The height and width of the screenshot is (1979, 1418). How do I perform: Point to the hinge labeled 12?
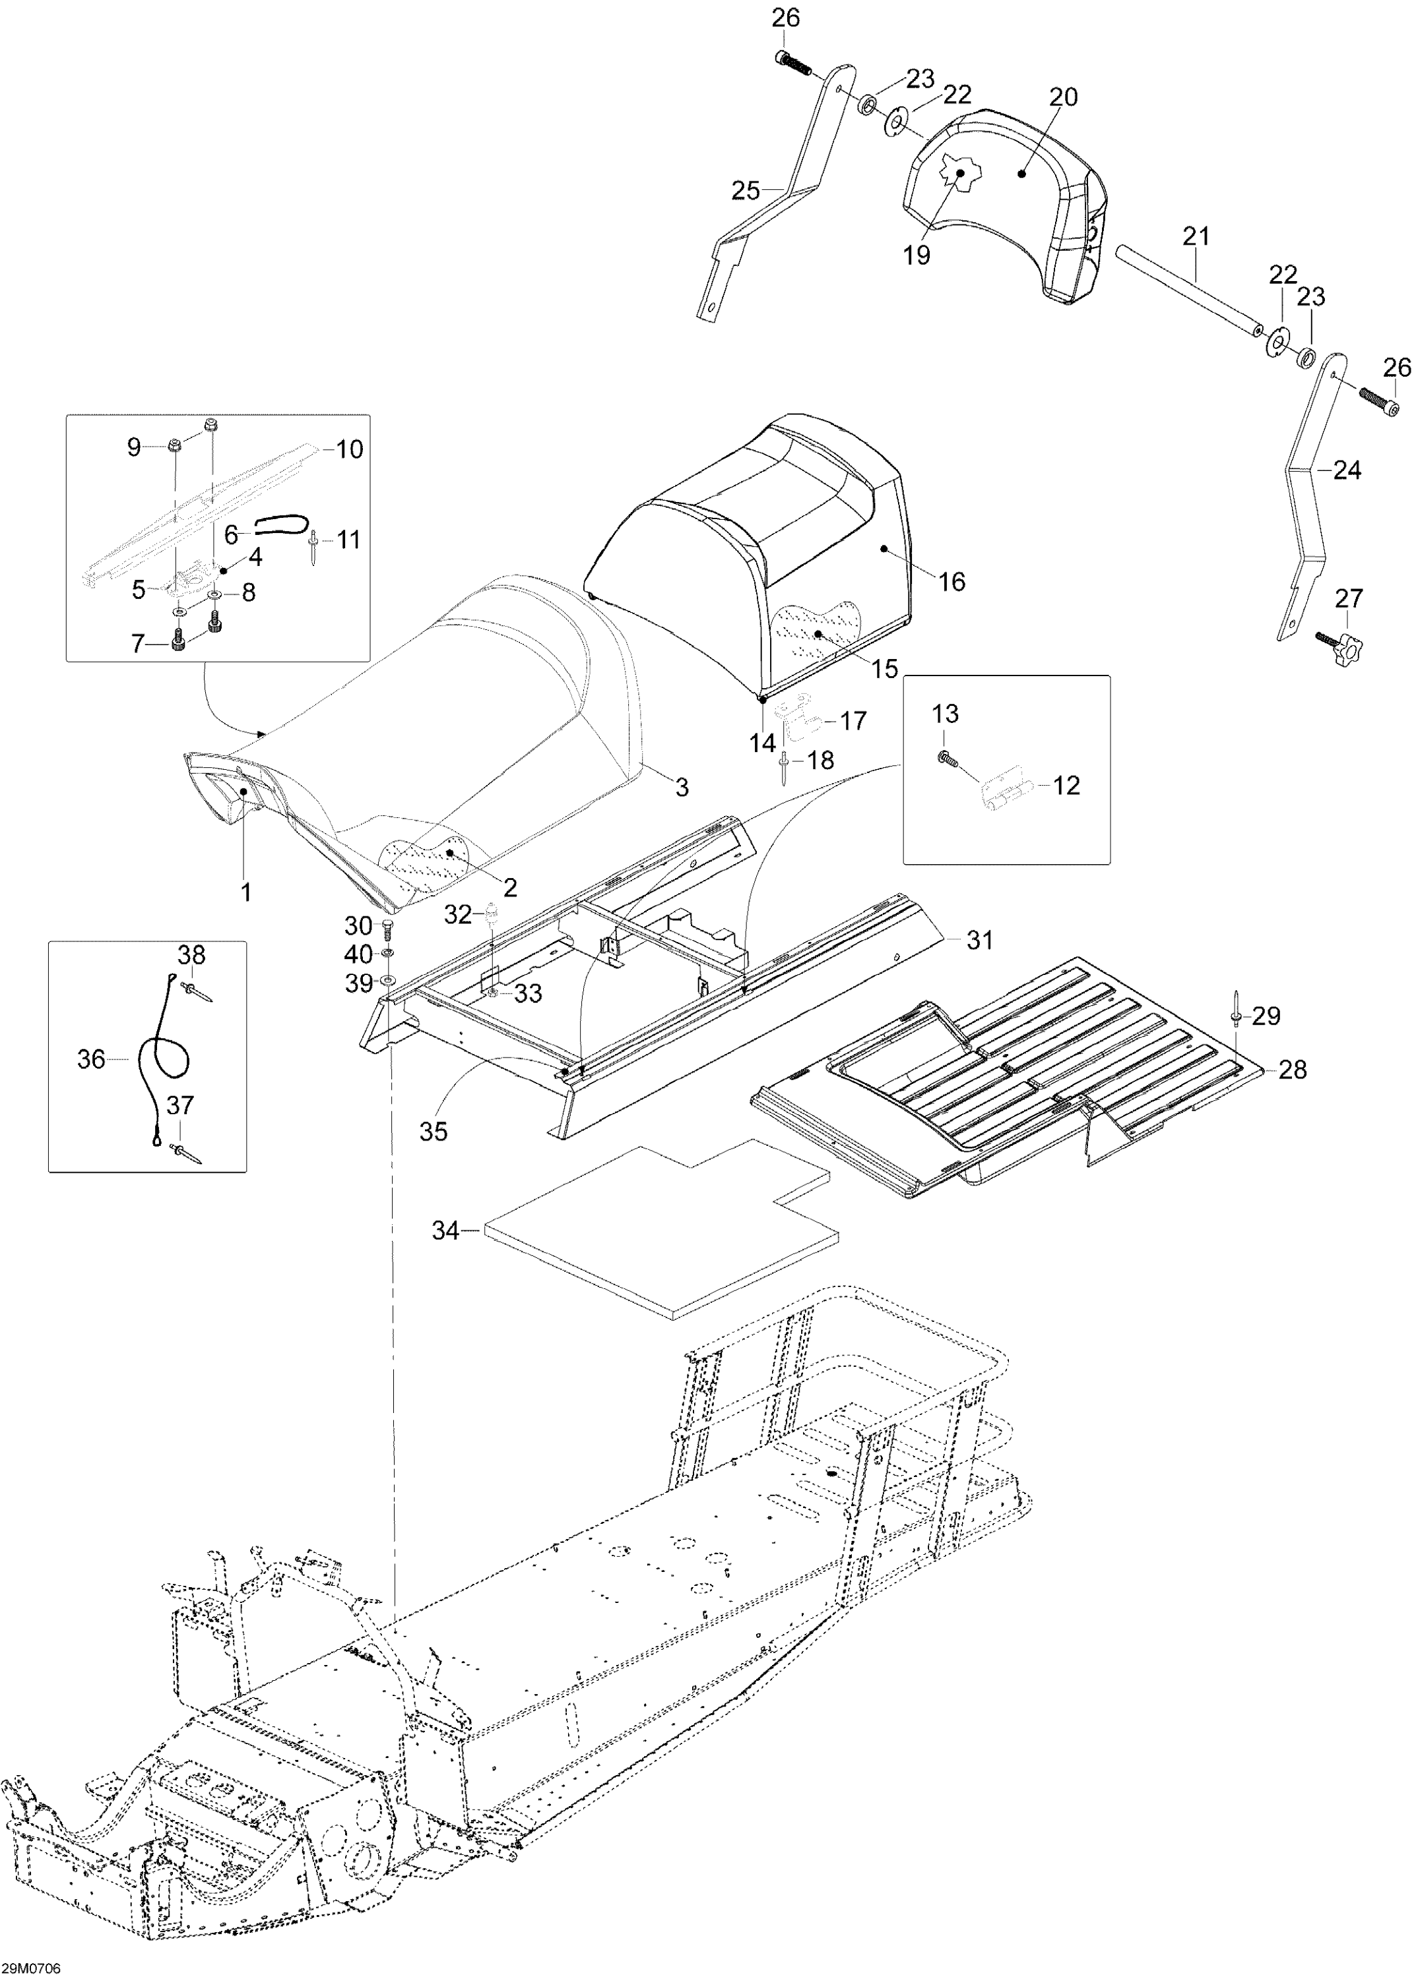[1004, 793]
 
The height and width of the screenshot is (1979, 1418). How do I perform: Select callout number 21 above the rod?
[1196, 236]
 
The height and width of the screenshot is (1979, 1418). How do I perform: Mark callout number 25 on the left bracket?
[746, 189]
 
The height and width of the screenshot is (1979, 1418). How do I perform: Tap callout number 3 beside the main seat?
[682, 787]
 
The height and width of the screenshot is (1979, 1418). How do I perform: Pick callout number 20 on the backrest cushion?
[1064, 97]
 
